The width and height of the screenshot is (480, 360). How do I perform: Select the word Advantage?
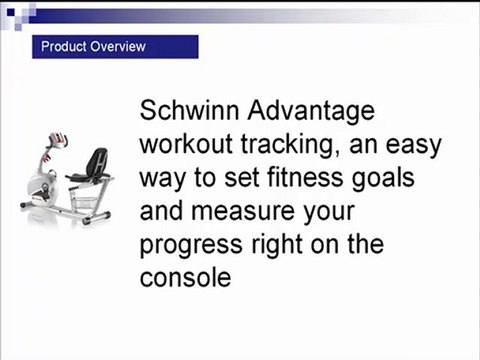point(320,110)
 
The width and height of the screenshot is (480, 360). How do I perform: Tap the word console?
point(186,275)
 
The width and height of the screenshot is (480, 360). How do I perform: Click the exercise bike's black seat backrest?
point(98,160)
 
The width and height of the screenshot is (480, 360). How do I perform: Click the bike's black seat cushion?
point(84,179)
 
